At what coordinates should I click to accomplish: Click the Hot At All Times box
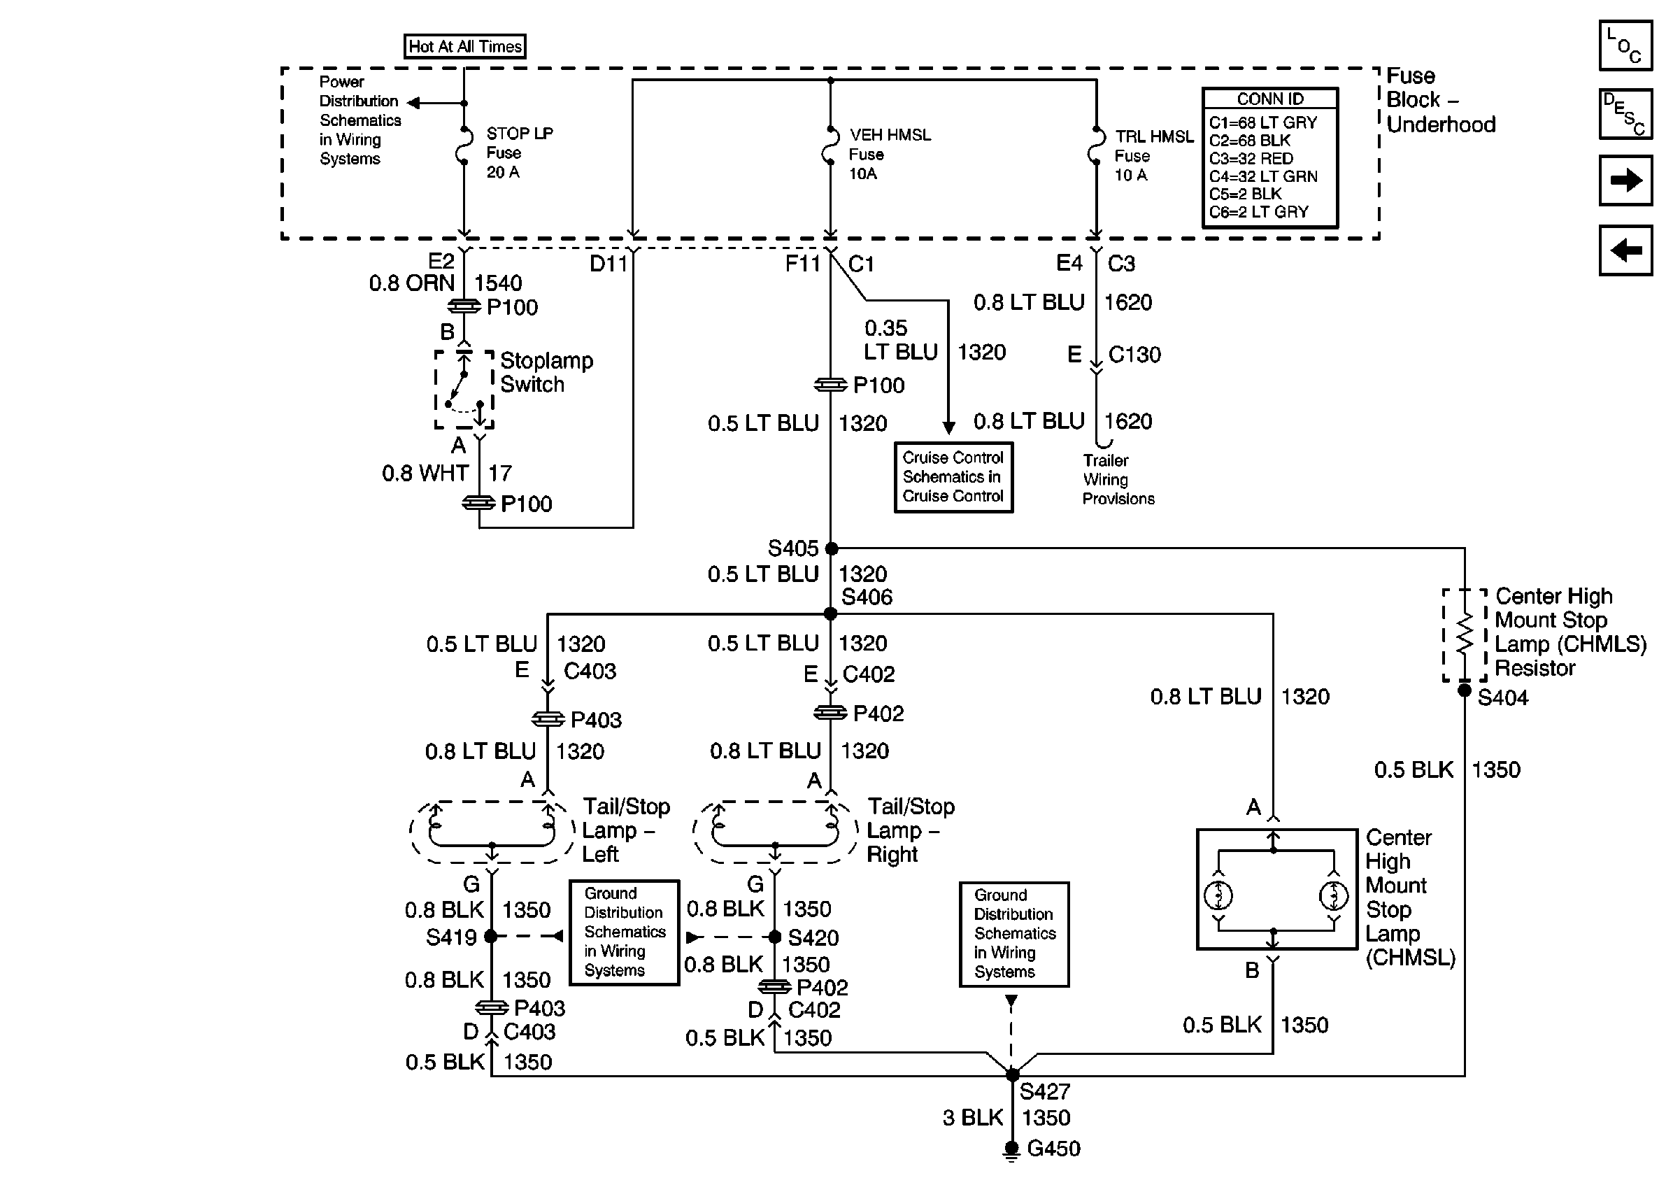click(464, 46)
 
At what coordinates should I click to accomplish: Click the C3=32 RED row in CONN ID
click(1251, 158)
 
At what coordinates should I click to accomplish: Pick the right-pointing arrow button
click(1625, 180)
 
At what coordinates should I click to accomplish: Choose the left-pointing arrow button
click(1625, 250)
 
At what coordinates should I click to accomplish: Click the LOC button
click(1625, 45)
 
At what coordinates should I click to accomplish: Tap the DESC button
click(1625, 113)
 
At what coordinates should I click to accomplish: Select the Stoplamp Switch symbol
click(464, 389)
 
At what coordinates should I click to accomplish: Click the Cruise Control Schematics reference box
click(953, 477)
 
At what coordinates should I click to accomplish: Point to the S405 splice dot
click(830, 548)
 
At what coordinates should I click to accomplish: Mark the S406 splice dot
click(830, 614)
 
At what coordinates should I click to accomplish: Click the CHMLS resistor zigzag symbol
click(1464, 635)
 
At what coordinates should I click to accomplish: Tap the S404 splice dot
click(1464, 690)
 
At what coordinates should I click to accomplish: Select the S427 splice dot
click(1012, 1075)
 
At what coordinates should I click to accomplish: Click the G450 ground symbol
click(1011, 1149)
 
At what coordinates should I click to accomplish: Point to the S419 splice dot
click(491, 936)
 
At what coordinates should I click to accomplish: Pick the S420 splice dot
click(775, 937)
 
